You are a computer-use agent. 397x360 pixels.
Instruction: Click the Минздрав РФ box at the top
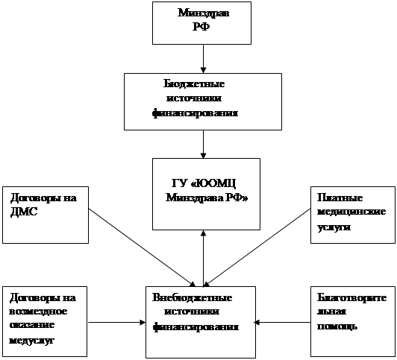[201, 23]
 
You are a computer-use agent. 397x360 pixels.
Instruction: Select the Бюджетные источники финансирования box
[203, 101]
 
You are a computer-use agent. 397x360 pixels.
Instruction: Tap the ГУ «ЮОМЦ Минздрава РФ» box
[206, 194]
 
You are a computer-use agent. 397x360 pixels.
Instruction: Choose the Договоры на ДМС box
[46, 215]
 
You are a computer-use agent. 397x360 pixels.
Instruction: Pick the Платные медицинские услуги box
[353, 215]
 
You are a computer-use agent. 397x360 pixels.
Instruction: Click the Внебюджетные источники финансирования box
[201, 322]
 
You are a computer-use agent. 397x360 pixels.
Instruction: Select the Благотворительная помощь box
[353, 321]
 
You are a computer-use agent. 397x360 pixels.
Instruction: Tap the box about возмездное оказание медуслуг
[45, 321]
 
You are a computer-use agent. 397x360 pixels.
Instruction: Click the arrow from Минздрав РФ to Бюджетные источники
[203, 59]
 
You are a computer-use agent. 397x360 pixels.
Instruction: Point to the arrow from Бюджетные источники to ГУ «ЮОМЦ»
[203, 145]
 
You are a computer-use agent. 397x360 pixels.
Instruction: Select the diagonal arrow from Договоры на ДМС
[143, 247]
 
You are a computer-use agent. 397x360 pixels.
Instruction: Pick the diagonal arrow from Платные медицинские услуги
[257, 247]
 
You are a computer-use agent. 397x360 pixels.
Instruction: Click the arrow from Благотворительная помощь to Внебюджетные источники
[282, 322]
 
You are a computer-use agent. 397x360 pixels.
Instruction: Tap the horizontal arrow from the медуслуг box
[117, 322]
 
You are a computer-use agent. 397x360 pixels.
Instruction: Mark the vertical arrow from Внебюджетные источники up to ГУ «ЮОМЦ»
[203, 259]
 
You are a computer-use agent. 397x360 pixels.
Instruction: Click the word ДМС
[24, 212]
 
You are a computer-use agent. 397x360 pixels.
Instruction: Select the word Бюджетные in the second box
[194, 84]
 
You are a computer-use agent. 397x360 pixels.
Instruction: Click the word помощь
[337, 326]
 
